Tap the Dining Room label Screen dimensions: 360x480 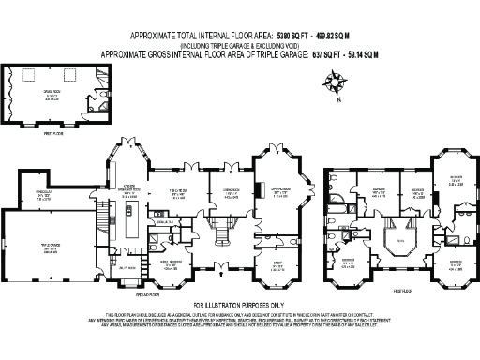tap(228, 193)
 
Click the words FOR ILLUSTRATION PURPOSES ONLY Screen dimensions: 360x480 tap(239, 306)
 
